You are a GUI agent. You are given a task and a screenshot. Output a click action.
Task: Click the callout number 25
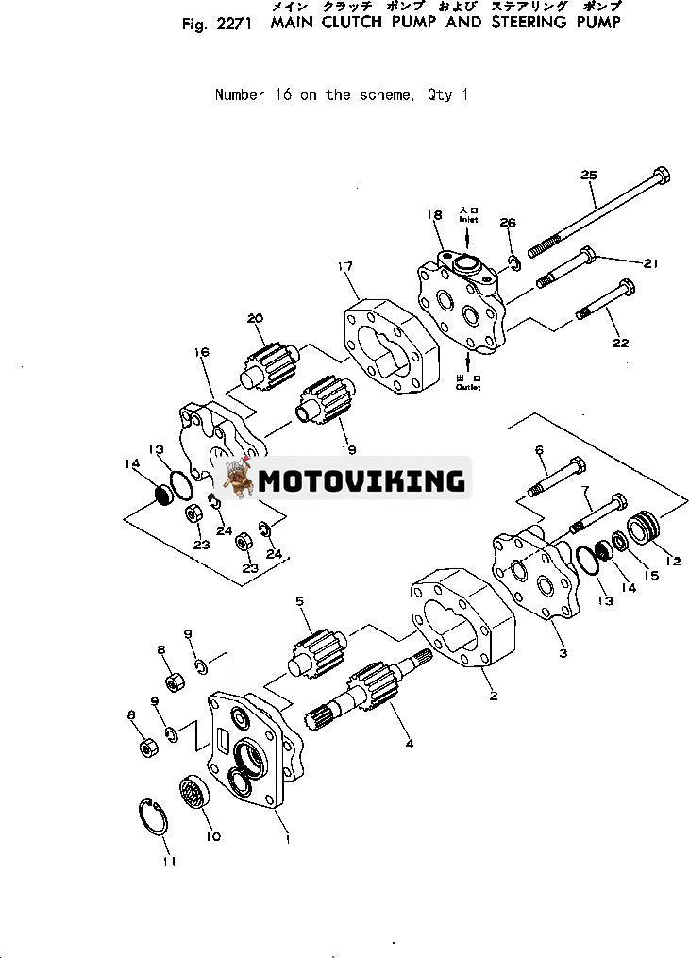pyautogui.click(x=589, y=175)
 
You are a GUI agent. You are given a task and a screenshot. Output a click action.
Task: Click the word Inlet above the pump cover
pyautogui.click(x=469, y=219)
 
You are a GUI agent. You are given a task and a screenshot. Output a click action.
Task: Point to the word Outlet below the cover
pyautogui.click(x=469, y=386)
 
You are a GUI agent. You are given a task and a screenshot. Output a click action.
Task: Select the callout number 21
pyautogui.click(x=649, y=263)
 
